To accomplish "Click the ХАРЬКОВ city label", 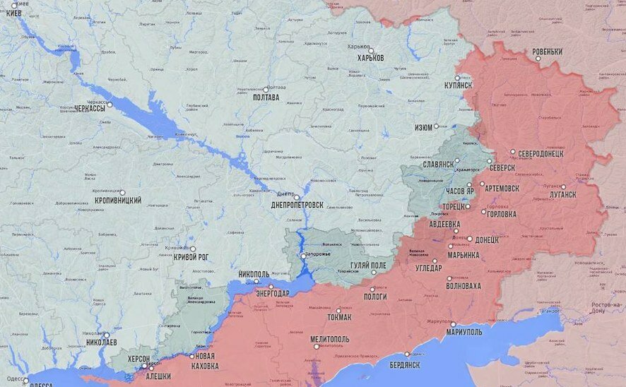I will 370,58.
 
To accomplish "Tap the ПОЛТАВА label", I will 270,97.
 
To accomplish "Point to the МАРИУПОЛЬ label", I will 464,333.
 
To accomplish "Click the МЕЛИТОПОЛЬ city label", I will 330,339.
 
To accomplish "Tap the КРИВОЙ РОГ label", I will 191,258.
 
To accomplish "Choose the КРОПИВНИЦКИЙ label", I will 117,201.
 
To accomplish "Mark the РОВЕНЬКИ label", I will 547,52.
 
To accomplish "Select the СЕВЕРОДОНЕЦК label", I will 540,153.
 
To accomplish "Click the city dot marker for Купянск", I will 457,78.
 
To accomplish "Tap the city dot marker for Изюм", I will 436,126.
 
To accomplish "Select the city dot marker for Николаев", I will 105,335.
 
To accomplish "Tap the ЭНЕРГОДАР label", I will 271,294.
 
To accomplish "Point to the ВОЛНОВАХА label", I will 463,286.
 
